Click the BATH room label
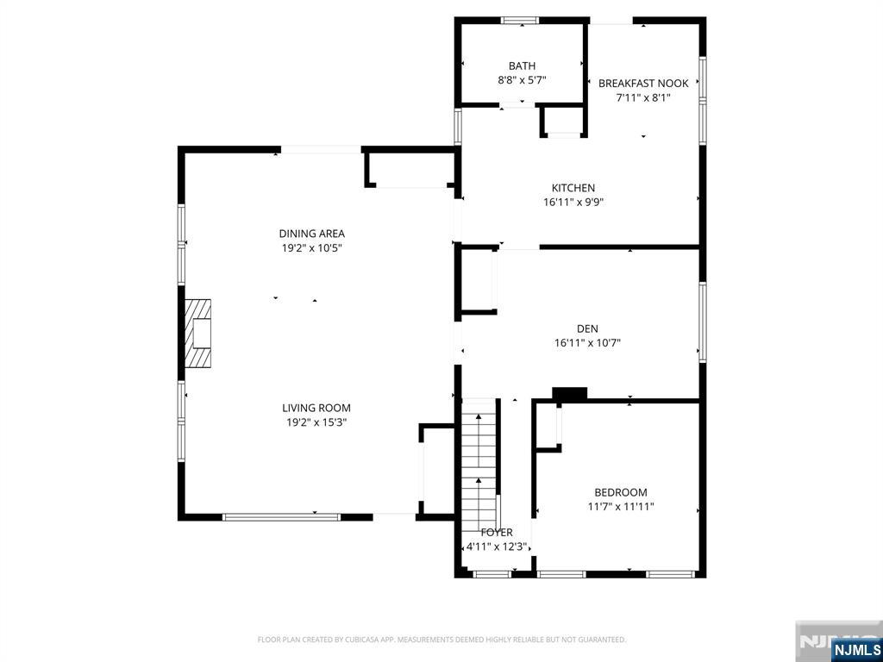(522, 66)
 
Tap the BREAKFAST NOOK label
(643, 84)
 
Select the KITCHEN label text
(573, 188)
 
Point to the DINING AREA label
(312, 234)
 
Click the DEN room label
(587, 328)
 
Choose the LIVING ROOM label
(316, 408)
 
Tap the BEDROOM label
(621, 492)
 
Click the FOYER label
(497, 533)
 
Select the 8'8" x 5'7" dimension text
(522, 80)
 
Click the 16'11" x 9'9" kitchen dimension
(573, 202)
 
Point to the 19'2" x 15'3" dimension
(316, 422)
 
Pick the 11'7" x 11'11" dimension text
(621, 507)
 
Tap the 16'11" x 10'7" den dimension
(587, 342)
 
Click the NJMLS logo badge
(855, 650)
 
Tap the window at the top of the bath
(520, 21)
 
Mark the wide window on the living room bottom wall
(282, 517)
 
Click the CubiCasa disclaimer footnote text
(441, 640)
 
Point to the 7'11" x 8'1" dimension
(643, 97)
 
